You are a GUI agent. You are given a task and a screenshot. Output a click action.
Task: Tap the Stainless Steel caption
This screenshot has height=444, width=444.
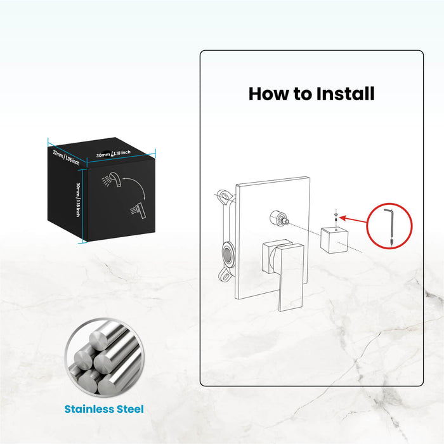point(103,409)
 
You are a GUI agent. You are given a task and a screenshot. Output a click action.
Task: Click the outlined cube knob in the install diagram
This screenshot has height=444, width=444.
point(334,238)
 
